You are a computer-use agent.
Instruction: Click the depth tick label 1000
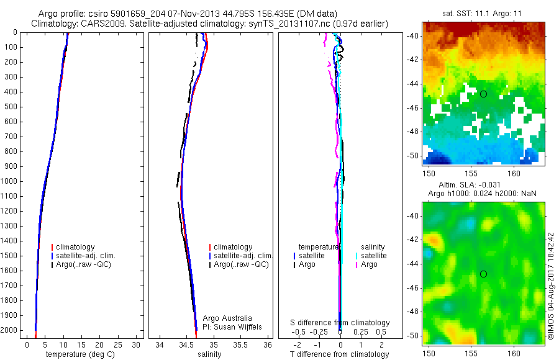coord(8,181)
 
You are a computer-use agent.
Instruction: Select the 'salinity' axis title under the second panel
coord(209,354)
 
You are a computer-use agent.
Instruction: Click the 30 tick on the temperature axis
coord(137,344)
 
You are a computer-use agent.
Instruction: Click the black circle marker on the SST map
coord(483,94)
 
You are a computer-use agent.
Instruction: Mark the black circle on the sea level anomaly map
coord(483,274)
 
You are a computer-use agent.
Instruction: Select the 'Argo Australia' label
coord(227,318)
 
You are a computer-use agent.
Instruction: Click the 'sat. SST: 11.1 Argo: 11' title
coord(483,12)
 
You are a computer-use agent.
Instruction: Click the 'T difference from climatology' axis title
coord(339,354)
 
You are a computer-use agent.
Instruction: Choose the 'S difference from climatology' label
coord(340,323)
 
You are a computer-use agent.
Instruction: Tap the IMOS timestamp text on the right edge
coord(551,285)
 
